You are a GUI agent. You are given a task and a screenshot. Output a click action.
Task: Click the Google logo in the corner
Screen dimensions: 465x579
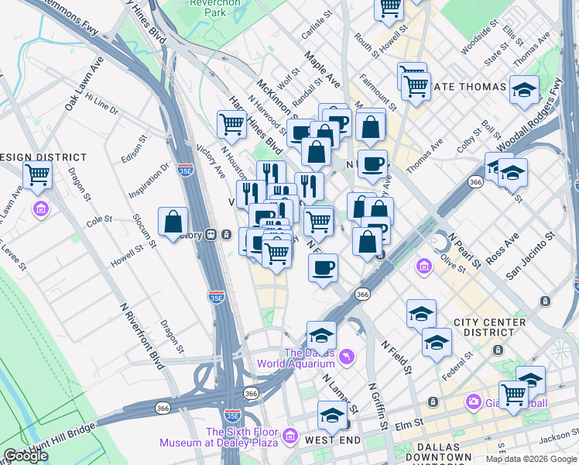pyautogui.click(x=26, y=456)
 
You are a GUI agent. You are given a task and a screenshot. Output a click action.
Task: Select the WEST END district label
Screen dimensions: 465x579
pyautogui.click(x=332, y=440)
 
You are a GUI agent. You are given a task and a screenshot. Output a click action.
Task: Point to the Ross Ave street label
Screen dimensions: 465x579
pyautogui.click(x=502, y=244)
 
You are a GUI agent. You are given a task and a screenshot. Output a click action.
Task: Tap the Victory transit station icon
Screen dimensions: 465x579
pyautogui.click(x=226, y=235)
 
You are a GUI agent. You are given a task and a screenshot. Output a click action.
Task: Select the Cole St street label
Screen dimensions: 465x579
pyautogui.click(x=99, y=221)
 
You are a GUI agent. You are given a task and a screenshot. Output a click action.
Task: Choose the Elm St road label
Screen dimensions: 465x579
pyautogui.click(x=413, y=424)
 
